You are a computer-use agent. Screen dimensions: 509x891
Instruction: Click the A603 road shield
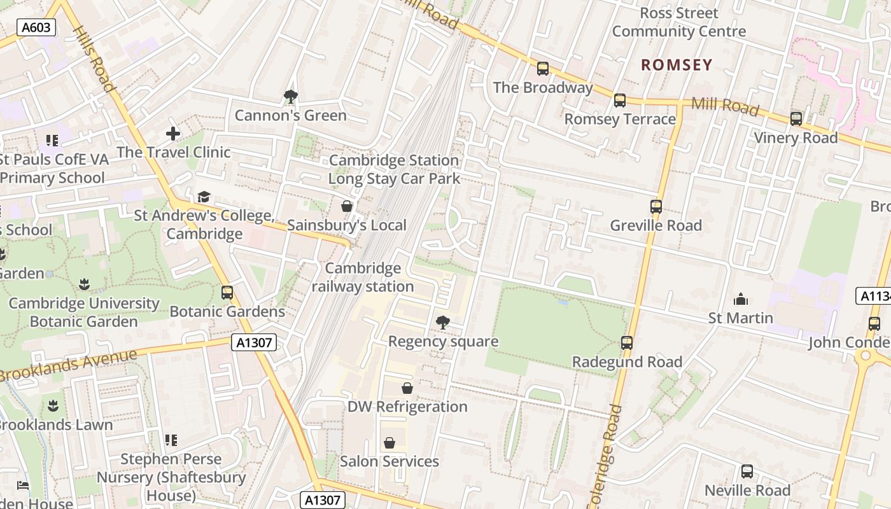pos(36,27)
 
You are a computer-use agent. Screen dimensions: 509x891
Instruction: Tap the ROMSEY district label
pos(677,65)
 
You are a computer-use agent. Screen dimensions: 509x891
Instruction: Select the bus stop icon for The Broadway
pos(543,69)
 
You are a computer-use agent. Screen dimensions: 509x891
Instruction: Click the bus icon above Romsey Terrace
pos(620,101)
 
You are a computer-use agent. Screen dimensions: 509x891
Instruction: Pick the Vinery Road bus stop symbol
pos(796,119)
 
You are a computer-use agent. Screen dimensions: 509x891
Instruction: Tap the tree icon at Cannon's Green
pos(291,97)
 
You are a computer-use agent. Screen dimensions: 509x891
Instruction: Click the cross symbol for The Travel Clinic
pos(173,134)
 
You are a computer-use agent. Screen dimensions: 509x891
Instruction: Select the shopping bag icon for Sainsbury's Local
pos(347,206)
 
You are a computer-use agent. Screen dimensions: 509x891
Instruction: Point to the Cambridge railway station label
pos(363,277)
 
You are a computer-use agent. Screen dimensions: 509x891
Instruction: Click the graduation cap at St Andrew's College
pos(204,197)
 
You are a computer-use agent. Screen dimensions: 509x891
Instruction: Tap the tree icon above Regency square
pos(443,323)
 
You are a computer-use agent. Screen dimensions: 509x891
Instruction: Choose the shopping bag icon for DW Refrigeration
pos(407,388)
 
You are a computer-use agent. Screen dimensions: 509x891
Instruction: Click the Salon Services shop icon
pos(389,443)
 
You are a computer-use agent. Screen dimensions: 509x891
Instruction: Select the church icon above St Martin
pos(741,299)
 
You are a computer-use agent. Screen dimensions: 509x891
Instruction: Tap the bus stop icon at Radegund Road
pos(627,343)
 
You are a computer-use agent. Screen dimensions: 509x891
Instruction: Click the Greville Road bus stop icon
pos(656,207)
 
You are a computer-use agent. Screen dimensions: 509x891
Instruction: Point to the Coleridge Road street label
pos(606,455)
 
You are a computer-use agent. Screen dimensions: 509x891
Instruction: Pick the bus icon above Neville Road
pos(747,472)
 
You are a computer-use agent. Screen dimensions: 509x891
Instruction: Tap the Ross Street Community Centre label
pos(678,22)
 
